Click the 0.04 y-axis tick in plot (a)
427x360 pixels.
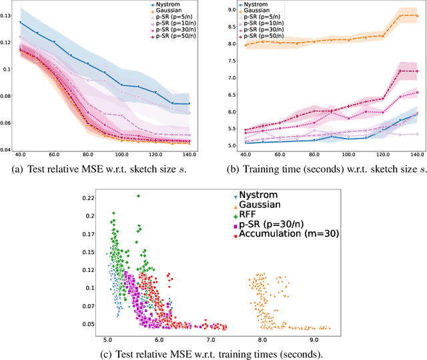pos(7,150)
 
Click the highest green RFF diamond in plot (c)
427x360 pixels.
pos(138,196)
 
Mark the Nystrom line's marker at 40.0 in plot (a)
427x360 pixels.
pos(20,23)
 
